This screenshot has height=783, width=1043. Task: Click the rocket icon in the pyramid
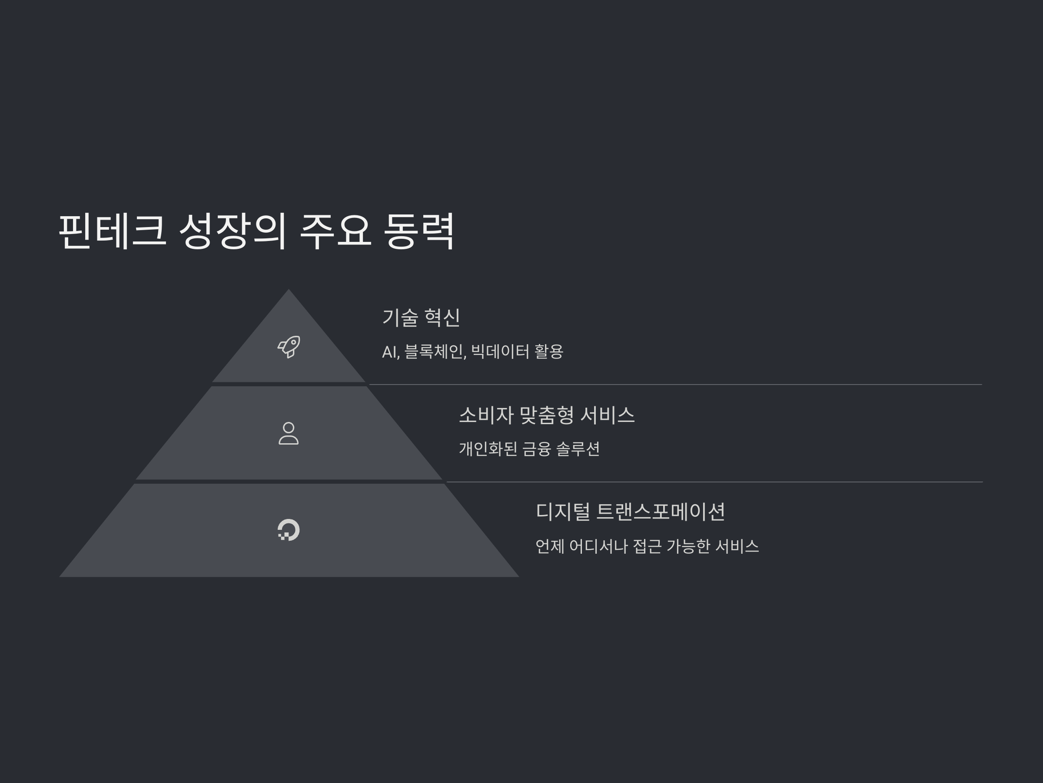click(289, 347)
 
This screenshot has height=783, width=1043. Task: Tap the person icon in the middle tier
click(289, 433)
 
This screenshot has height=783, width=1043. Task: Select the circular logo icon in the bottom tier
click(289, 529)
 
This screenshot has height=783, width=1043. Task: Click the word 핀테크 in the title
click(112, 231)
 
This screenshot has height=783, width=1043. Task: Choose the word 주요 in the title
click(335, 231)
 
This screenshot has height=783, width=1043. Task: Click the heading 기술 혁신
click(421, 318)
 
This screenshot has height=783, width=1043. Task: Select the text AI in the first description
click(389, 352)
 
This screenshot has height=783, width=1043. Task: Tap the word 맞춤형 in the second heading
click(547, 415)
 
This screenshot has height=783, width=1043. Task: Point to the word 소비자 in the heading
click(486, 415)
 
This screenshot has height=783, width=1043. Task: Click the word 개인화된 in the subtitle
click(488, 449)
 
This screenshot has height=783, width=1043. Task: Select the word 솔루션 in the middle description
click(578, 449)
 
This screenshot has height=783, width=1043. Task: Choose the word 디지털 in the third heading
click(562, 512)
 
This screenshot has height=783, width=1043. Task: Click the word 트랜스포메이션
click(661, 512)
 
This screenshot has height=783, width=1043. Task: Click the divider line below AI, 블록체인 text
click(674, 385)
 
